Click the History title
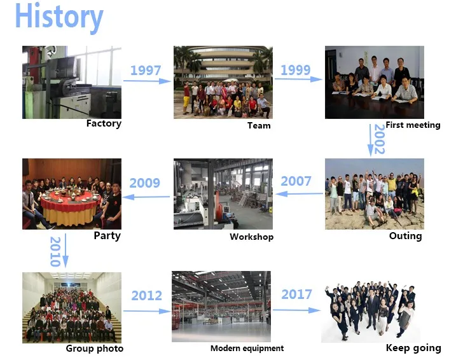[59, 17]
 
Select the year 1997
[146, 71]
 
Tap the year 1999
[296, 70]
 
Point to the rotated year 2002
[380, 139]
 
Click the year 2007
[296, 181]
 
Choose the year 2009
[144, 183]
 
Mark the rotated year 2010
[55, 252]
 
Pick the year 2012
[147, 296]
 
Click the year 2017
[296, 294]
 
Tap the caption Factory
[104, 124]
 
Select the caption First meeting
[413, 125]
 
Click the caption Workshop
[251, 237]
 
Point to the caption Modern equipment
[247, 349]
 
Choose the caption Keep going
[413, 349]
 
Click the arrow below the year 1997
[147, 81]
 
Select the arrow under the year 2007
[300, 194]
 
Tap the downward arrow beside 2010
[66, 251]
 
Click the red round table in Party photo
[67, 200]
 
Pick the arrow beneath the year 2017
[297, 310]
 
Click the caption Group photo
[95, 349]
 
